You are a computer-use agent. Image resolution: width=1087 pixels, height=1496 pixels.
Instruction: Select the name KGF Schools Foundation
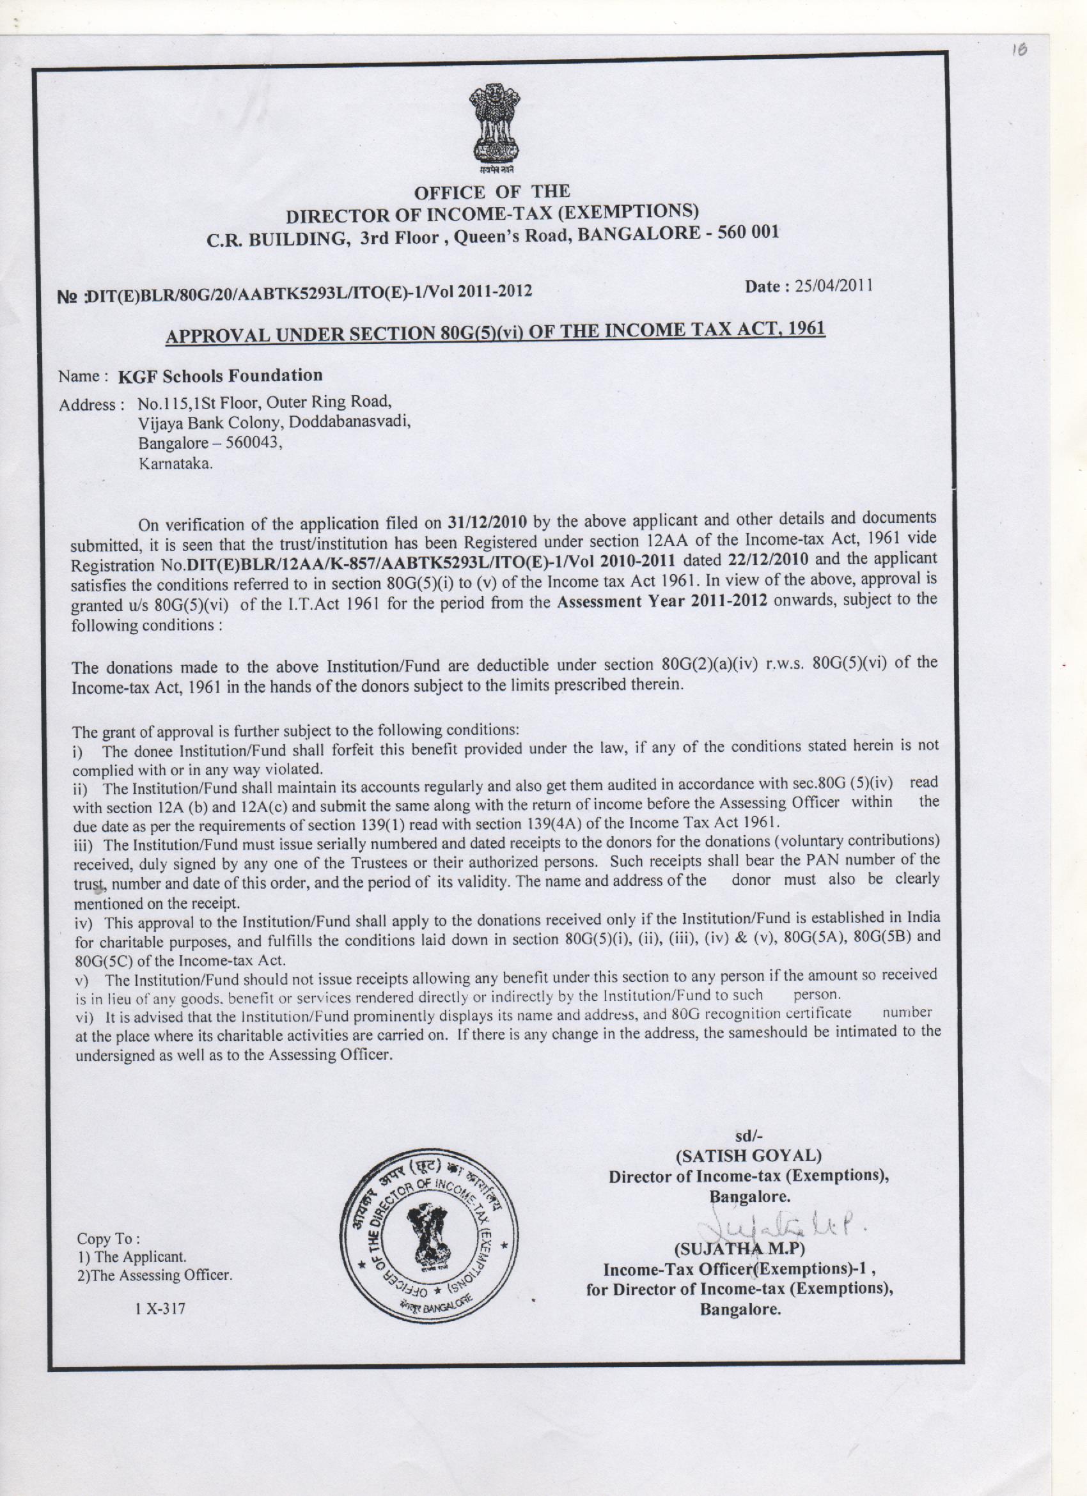point(221,375)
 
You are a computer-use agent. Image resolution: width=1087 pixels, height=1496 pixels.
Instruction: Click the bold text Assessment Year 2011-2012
point(662,602)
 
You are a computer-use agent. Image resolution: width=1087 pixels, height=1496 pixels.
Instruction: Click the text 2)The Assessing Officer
point(155,1275)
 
